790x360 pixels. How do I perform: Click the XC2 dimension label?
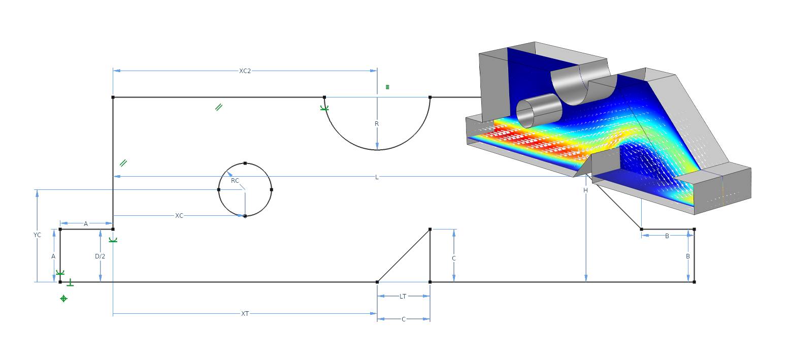(x=245, y=71)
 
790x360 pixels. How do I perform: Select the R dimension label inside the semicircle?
(x=377, y=124)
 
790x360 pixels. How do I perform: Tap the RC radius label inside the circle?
(x=235, y=181)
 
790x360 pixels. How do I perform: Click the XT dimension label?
(x=245, y=314)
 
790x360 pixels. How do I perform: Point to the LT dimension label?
(x=403, y=296)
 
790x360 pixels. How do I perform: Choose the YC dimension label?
(x=37, y=235)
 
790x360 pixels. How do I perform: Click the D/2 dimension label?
(x=100, y=256)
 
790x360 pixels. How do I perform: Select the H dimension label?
(x=585, y=190)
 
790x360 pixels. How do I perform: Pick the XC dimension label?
(x=179, y=216)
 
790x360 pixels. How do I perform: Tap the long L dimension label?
(x=377, y=177)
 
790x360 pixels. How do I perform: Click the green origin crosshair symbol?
(x=63, y=299)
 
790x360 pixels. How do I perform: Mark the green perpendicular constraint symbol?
(x=70, y=283)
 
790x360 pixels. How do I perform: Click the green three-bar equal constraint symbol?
(x=387, y=87)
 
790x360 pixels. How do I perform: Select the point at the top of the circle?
(x=245, y=163)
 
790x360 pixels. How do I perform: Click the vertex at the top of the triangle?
(x=430, y=230)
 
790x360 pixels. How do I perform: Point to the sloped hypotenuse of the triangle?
(x=404, y=255)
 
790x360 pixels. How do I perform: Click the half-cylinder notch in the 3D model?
(x=579, y=84)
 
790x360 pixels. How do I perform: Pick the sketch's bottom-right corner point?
(x=694, y=282)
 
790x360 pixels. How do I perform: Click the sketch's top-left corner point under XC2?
(x=113, y=97)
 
